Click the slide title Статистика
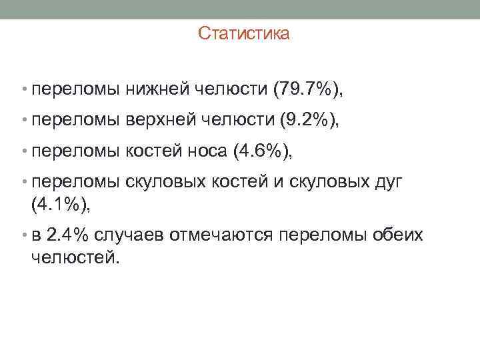(x=243, y=33)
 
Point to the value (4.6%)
(x=261, y=152)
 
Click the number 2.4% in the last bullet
(x=69, y=235)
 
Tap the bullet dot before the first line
(x=24, y=88)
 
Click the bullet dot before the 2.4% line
(x=24, y=236)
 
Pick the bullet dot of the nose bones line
(x=24, y=153)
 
